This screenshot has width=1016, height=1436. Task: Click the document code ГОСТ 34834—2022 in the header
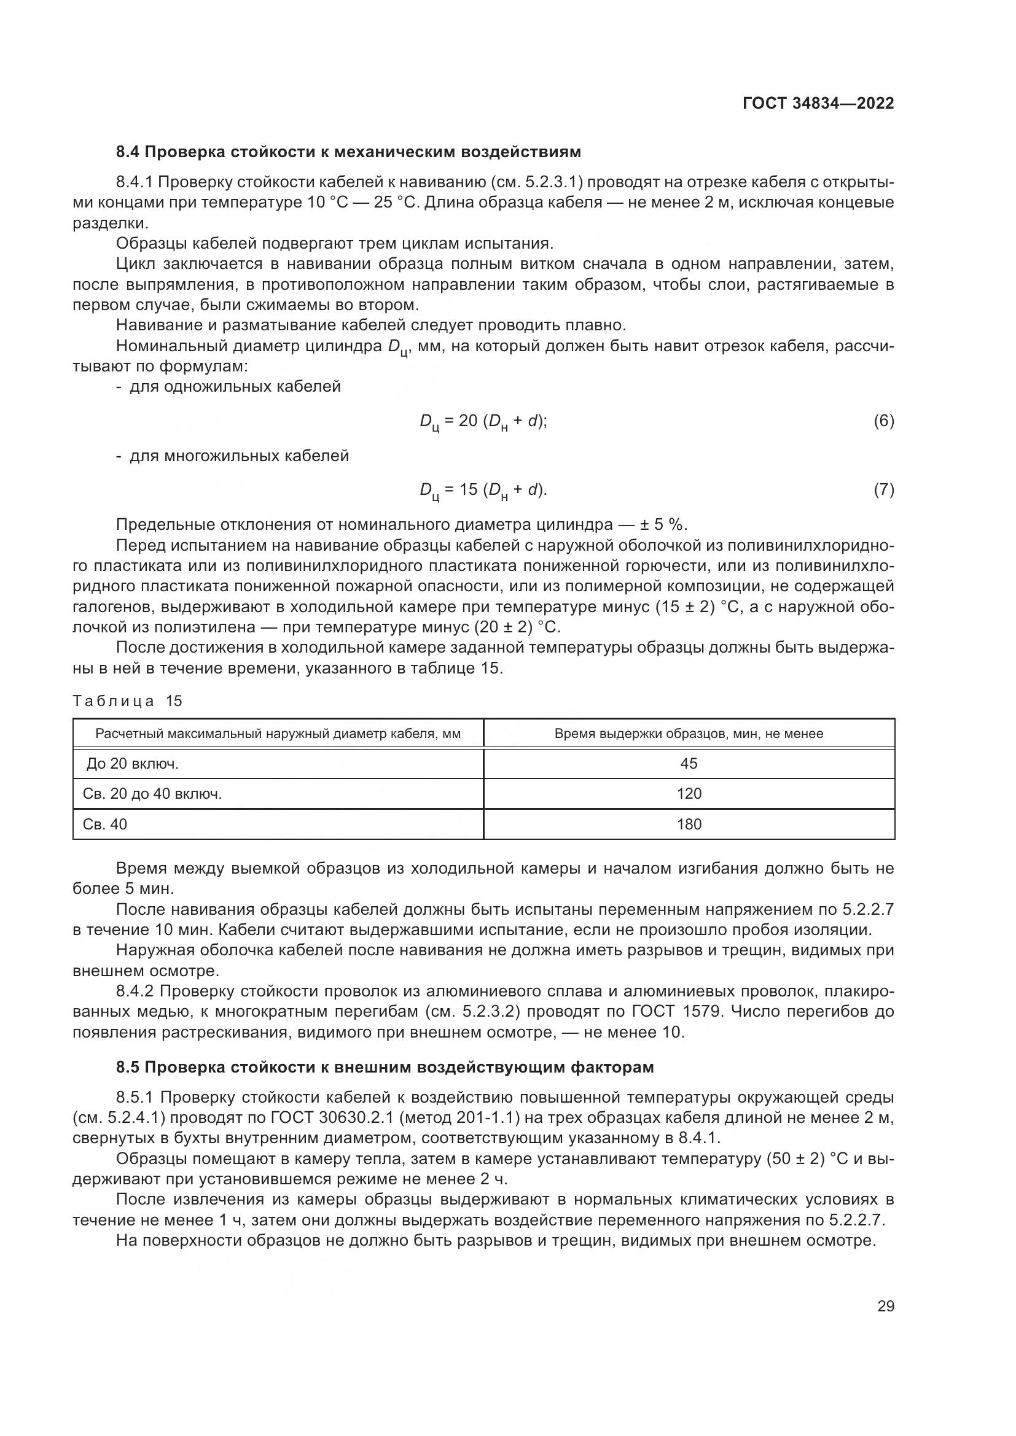click(818, 103)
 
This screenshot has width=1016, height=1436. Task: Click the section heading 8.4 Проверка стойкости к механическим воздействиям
click(348, 152)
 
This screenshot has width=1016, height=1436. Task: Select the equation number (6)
click(883, 422)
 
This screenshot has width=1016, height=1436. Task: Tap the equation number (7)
click(883, 491)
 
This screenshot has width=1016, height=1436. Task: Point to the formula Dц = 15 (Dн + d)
click(483, 492)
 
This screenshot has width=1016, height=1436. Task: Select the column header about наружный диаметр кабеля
click(278, 734)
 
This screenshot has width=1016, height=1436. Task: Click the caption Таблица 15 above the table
click(127, 701)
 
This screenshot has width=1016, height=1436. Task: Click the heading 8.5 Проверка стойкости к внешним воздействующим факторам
click(385, 1067)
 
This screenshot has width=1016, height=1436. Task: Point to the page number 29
click(885, 1306)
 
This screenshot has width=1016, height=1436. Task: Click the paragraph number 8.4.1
click(135, 182)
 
